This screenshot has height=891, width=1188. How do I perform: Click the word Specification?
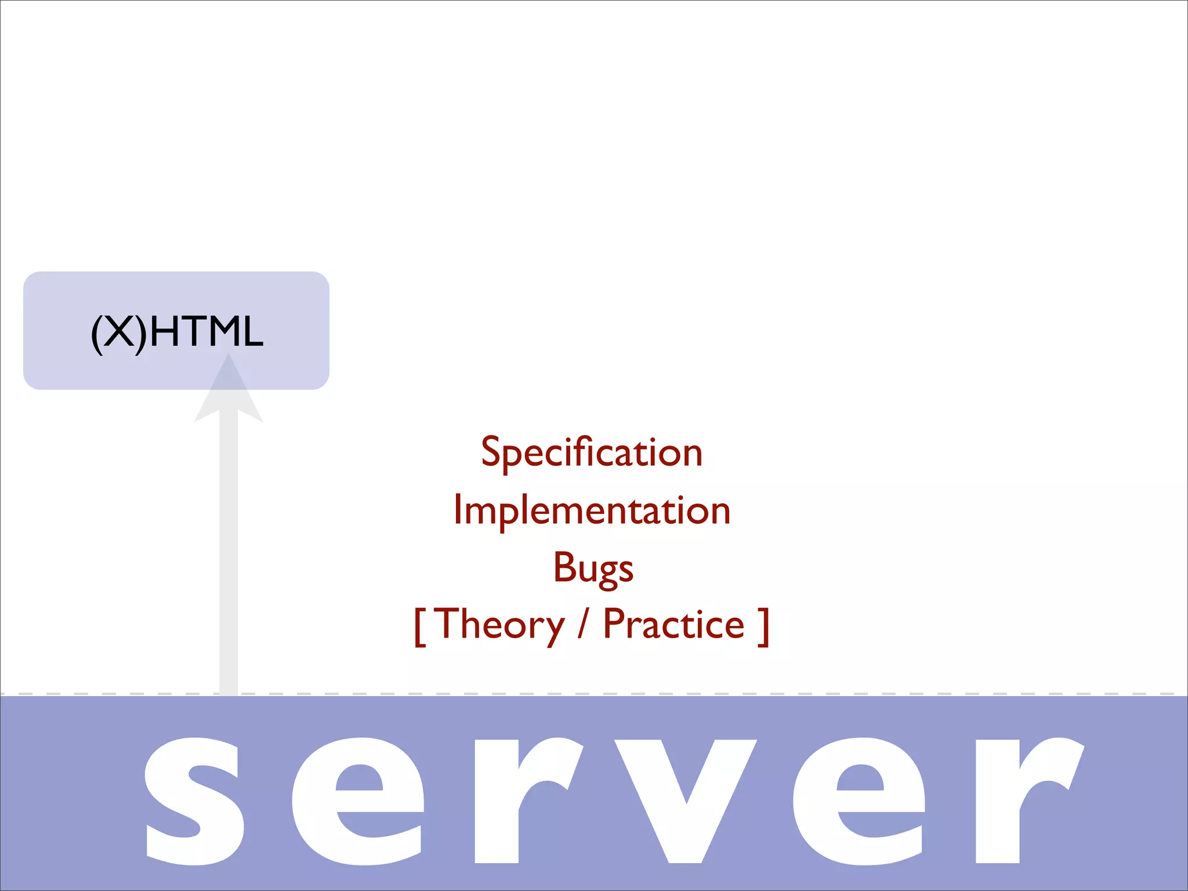tap(592, 452)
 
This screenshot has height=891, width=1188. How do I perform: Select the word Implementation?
tap(592, 510)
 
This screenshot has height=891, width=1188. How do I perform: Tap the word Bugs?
tap(593, 567)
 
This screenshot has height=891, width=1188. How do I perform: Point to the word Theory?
tap(499, 625)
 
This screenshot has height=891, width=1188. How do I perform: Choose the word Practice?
tap(673, 624)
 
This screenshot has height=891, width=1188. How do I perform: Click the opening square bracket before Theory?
tap(419, 626)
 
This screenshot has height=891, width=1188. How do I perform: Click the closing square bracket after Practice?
tap(764, 626)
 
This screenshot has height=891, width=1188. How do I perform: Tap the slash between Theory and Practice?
tap(583, 624)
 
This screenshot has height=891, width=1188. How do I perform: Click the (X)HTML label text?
tap(177, 332)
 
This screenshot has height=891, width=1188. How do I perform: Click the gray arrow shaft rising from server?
tap(229, 551)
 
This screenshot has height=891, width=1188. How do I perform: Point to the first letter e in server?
tap(358, 801)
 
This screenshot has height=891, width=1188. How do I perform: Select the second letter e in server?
tap(859, 801)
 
